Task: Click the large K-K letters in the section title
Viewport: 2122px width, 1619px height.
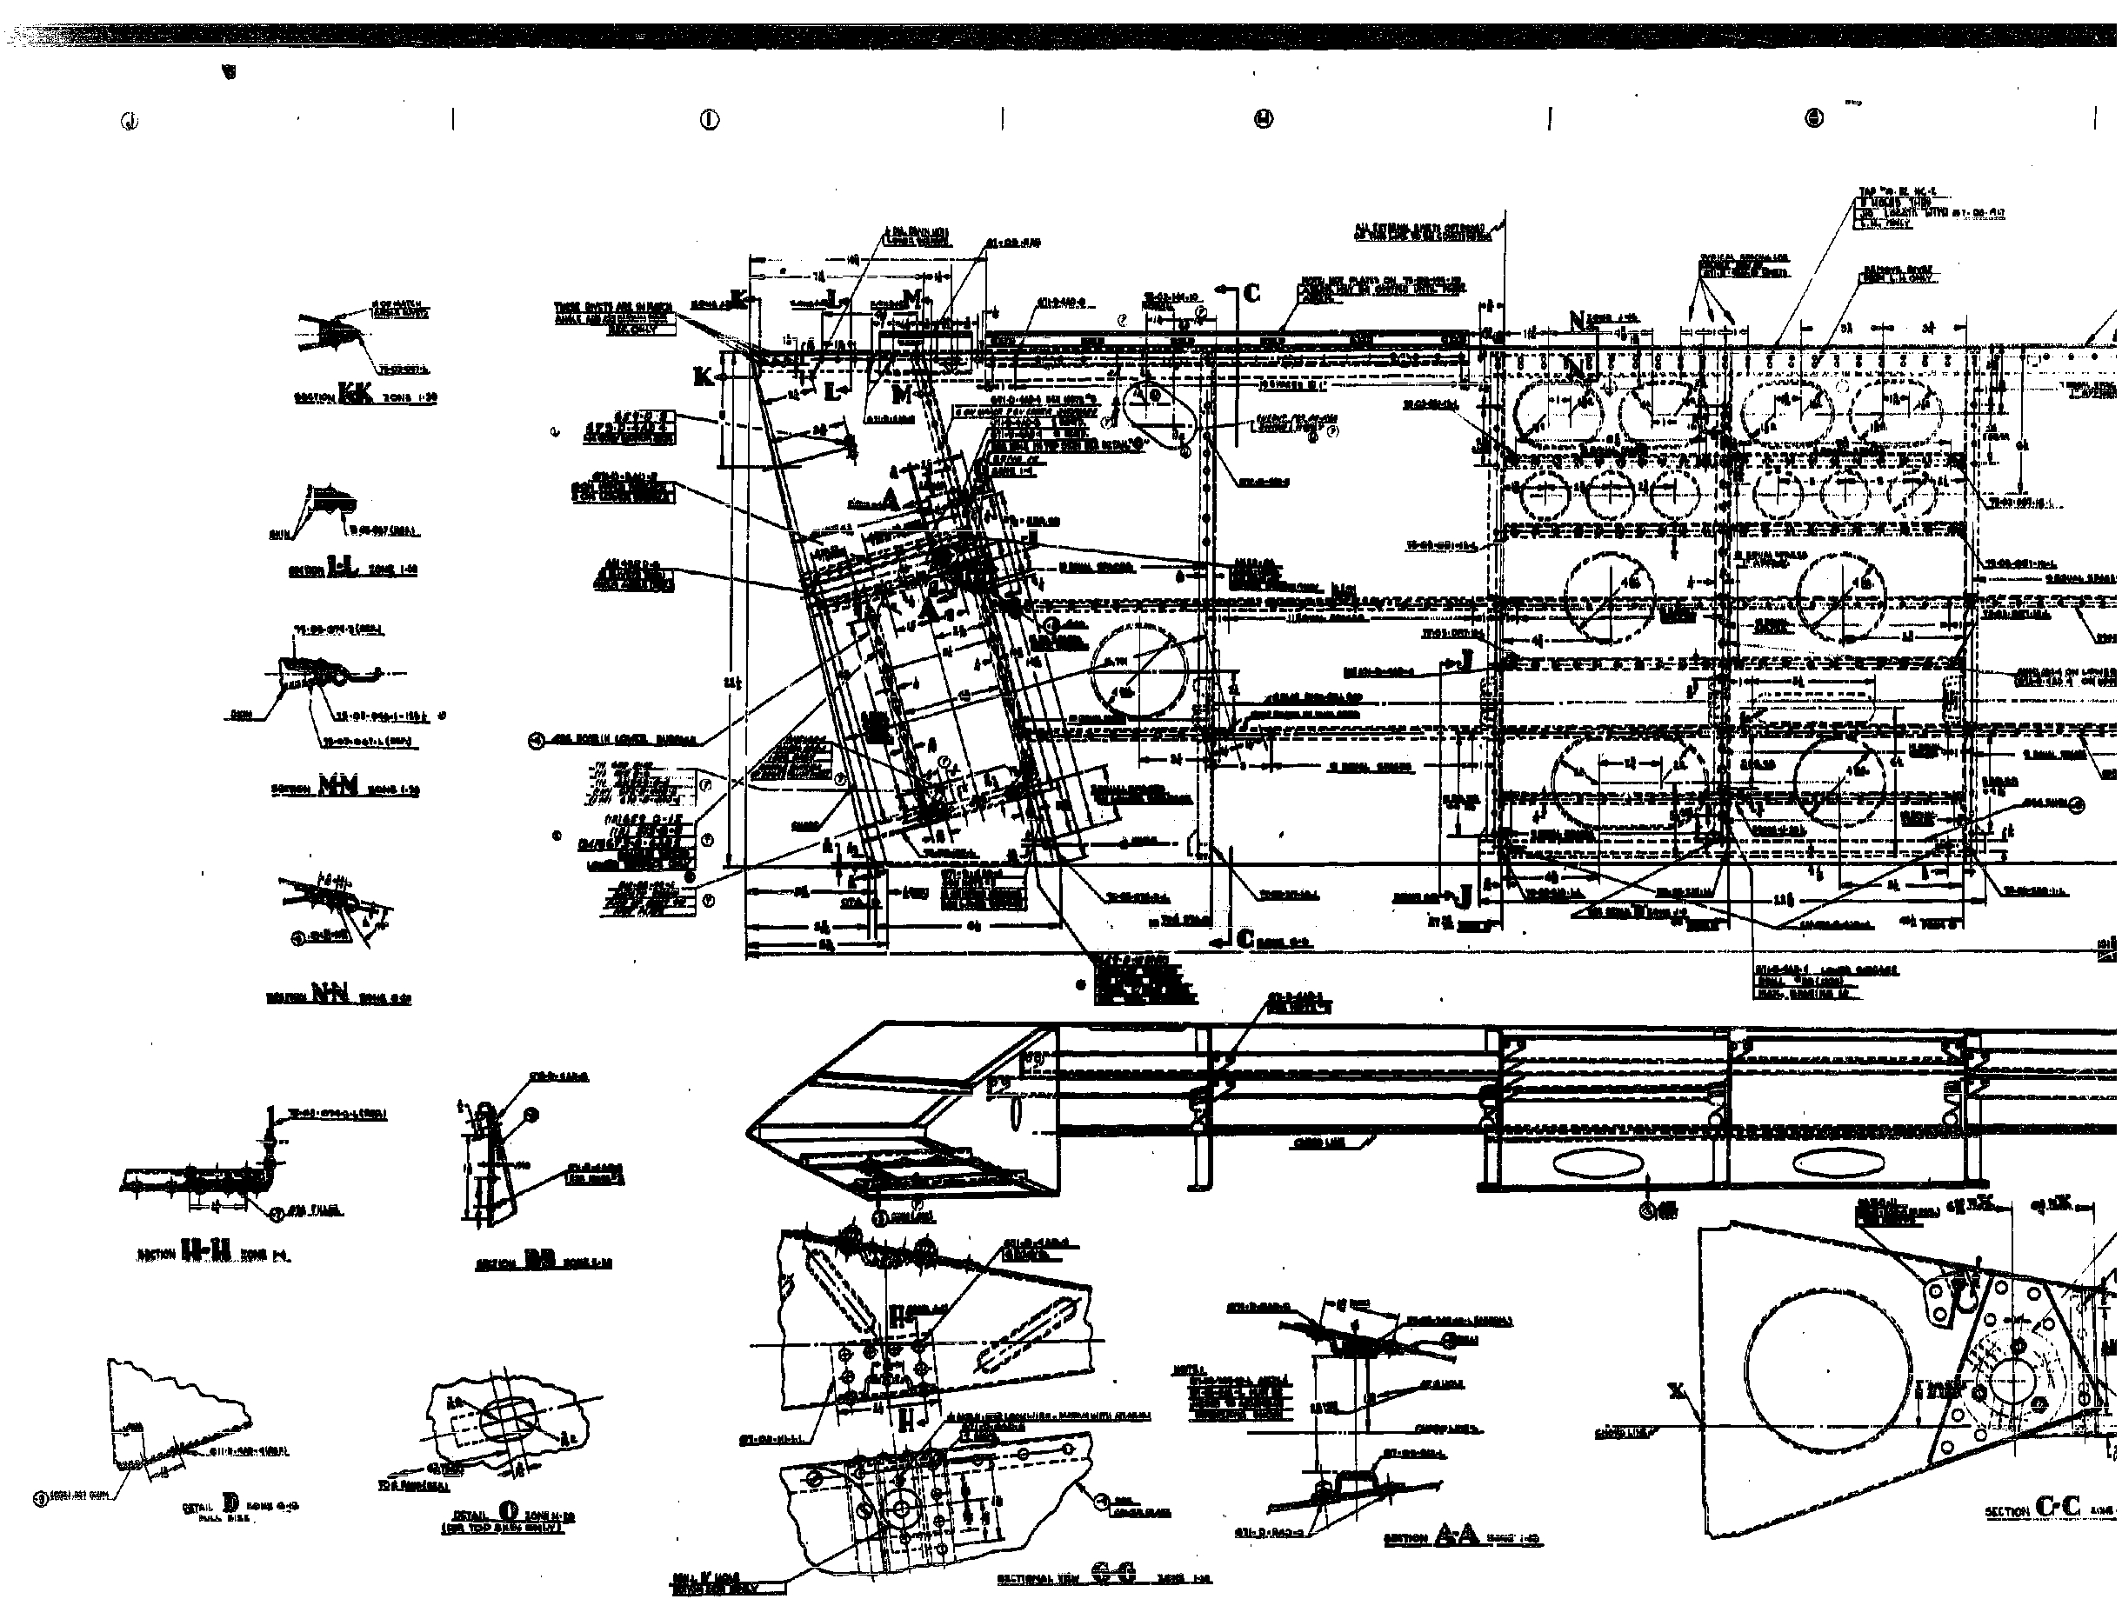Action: click(355, 394)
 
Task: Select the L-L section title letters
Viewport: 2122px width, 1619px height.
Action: click(341, 568)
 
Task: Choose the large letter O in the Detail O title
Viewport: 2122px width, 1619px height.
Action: click(508, 1511)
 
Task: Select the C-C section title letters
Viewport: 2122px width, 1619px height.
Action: click(2058, 1507)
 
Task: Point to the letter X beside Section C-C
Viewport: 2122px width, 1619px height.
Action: click(1678, 1390)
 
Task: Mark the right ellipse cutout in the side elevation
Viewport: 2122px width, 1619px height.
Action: click(1826, 1163)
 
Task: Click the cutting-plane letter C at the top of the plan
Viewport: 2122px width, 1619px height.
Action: click(1251, 293)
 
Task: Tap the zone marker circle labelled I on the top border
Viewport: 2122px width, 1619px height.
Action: click(710, 119)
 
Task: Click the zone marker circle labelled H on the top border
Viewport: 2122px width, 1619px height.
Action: click(1264, 118)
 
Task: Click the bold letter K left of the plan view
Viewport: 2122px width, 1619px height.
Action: click(705, 376)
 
